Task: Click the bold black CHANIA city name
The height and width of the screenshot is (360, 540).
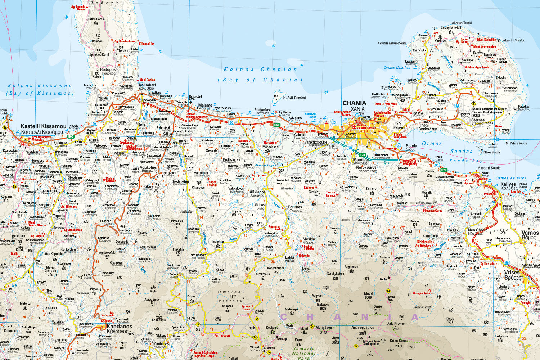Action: [x=354, y=103]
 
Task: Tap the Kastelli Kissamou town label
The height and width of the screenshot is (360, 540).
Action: [x=44, y=126]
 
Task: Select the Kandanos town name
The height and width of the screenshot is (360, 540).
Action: [x=119, y=327]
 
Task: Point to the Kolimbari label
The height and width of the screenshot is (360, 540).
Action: [x=147, y=85]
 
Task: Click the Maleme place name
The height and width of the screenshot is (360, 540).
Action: [x=205, y=105]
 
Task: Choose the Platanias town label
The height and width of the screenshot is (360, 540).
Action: [x=262, y=110]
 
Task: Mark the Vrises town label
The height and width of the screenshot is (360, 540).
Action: [x=512, y=273]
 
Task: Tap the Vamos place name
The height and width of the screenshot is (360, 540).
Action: [x=530, y=233]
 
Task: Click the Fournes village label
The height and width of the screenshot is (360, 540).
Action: [x=295, y=207]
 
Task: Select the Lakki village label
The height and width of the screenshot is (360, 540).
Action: [x=289, y=257]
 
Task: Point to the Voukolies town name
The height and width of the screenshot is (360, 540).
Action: [x=148, y=167]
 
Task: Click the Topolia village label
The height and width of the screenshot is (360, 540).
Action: [x=59, y=216]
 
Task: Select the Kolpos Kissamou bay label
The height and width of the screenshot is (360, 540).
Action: [x=40, y=86]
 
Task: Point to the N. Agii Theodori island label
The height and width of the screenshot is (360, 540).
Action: [x=294, y=98]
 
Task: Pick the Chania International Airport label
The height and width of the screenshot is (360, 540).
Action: [x=489, y=109]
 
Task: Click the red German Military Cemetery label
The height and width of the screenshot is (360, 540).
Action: [x=197, y=116]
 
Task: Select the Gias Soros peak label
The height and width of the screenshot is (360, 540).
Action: [x=399, y=341]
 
